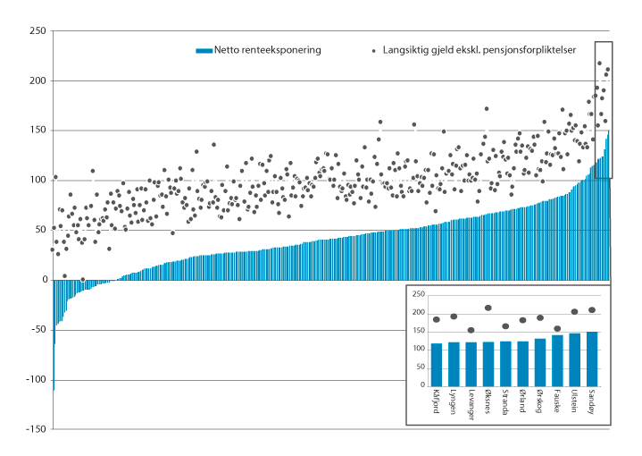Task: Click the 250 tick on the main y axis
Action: pyautogui.click(x=38, y=31)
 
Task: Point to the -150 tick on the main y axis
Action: pyautogui.click(x=35, y=429)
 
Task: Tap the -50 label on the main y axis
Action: pyautogui.click(x=38, y=330)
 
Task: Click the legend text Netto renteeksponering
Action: pyautogui.click(x=267, y=50)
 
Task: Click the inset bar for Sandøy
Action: pyautogui.click(x=592, y=358)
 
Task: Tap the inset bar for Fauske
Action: pyautogui.click(x=557, y=359)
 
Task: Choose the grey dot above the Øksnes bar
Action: pyautogui.click(x=488, y=308)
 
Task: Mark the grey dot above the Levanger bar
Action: pyautogui.click(x=471, y=330)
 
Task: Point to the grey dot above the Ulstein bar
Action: pyautogui.click(x=575, y=312)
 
